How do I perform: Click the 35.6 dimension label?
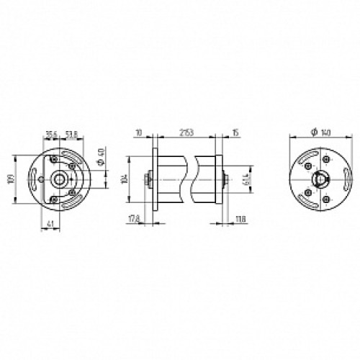tap(50, 133)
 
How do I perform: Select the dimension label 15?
tap(235, 133)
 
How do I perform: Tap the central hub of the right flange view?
tap(318, 179)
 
